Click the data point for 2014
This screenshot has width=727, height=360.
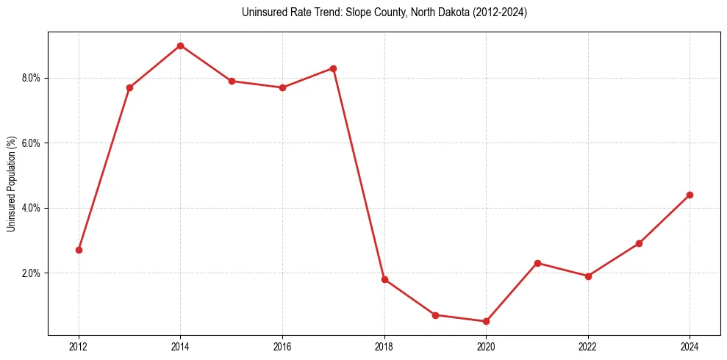point(180,46)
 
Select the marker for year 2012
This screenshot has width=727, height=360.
point(79,250)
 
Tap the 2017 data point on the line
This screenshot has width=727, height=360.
point(333,68)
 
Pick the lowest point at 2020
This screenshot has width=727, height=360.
point(486,321)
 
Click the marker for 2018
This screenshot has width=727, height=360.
point(384,279)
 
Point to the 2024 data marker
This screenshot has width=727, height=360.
point(690,195)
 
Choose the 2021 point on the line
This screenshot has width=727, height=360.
point(537,263)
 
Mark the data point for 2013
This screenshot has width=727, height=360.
point(129,87)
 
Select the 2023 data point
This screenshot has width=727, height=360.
point(639,243)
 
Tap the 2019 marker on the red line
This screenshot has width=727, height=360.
point(435,314)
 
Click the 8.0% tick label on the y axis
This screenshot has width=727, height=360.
point(33,78)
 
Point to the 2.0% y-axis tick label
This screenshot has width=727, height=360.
point(33,273)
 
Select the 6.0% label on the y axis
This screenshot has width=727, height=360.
point(33,143)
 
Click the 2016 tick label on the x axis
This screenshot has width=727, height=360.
point(282,346)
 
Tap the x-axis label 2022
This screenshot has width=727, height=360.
point(588,346)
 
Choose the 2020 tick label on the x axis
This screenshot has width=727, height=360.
point(486,346)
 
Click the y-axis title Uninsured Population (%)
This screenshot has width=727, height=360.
point(12,183)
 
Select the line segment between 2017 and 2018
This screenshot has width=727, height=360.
point(359,174)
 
